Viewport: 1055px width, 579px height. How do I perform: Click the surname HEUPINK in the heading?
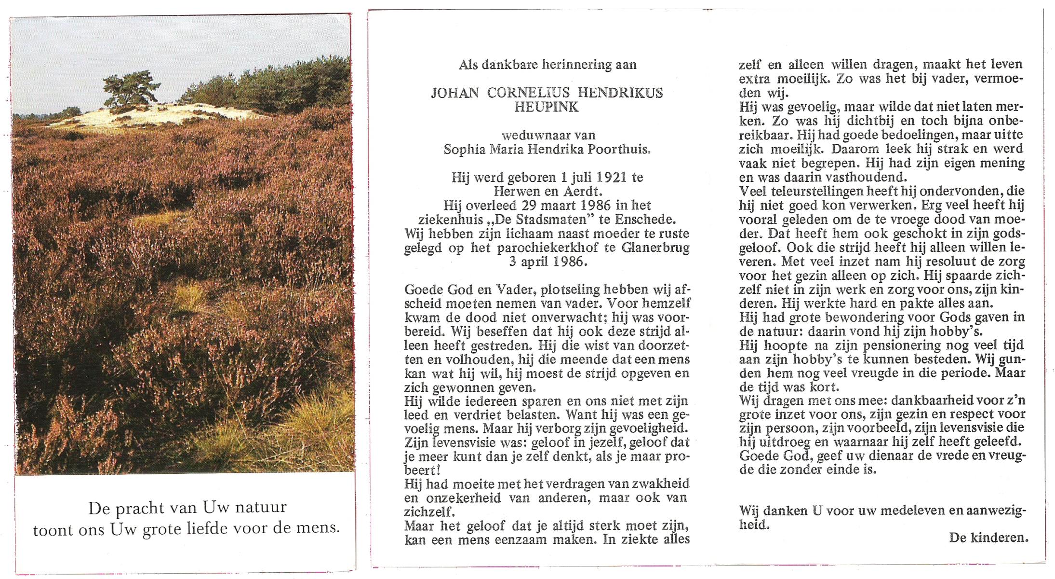pos(546,107)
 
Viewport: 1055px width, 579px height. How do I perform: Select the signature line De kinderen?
pos(988,538)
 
